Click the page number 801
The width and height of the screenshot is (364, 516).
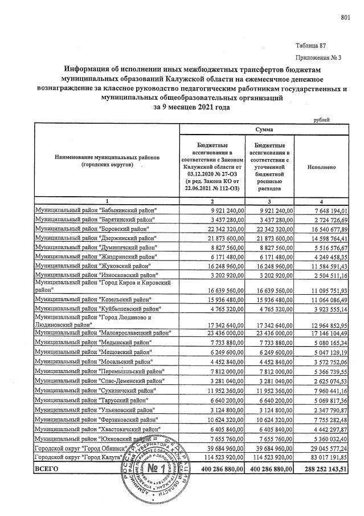tap(344, 18)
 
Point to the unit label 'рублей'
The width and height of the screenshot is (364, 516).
tap(322, 119)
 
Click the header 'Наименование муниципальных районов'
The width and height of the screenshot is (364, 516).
tap(107, 158)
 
